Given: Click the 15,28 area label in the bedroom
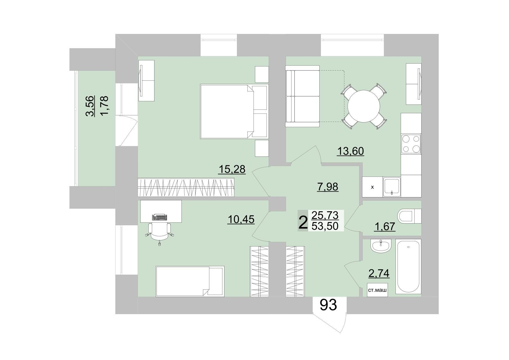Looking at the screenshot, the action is click(232, 169).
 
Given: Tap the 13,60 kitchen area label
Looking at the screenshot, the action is click(350, 151).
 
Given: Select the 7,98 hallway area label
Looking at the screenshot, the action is click(328, 187).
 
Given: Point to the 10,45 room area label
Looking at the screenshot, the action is click(241, 219).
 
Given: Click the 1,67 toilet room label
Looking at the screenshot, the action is click(385, 226).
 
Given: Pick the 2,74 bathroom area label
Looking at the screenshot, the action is click(379, 273).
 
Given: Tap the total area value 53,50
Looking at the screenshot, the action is click(325, 226).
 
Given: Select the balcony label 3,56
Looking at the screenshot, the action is click(91, 106).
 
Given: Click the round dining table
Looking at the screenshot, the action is click(364, 106).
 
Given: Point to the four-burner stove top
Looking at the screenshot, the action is click(411, 144).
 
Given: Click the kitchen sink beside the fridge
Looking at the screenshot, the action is click(392, 187).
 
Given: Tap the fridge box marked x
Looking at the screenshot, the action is click(373, 187).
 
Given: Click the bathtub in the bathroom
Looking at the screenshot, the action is click(408, 267).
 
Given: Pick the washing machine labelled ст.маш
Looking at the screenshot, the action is click(377, 290).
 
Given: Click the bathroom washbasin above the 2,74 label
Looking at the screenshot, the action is click(381, 246).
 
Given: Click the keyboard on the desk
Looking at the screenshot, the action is click(160, 217).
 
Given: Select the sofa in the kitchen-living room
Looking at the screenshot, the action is click(303, 96).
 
